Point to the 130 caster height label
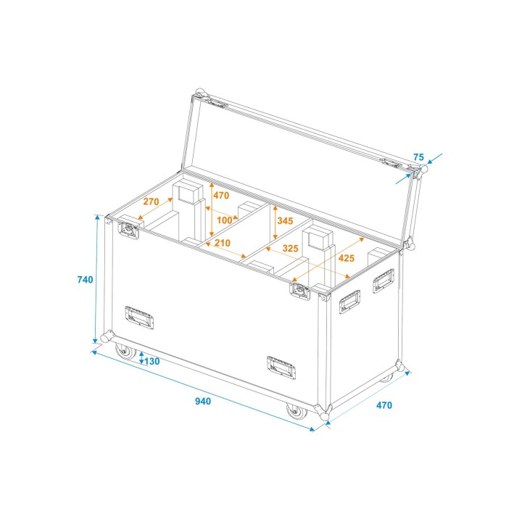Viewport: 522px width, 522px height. coord(151,361)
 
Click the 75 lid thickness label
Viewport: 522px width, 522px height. coord(418,157)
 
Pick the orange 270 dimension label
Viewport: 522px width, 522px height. coord(150,202)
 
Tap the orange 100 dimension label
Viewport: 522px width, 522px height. coord(224,220)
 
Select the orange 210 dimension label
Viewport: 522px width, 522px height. coord(222,243)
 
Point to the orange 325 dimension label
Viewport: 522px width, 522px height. coord(290,249)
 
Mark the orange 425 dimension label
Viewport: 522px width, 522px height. coord(346,258)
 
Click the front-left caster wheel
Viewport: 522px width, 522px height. coord(126,354)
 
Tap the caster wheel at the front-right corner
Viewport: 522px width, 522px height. coord(297,412)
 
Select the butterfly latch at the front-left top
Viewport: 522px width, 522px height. coord(128,231)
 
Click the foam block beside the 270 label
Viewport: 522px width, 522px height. coord(186,193)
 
